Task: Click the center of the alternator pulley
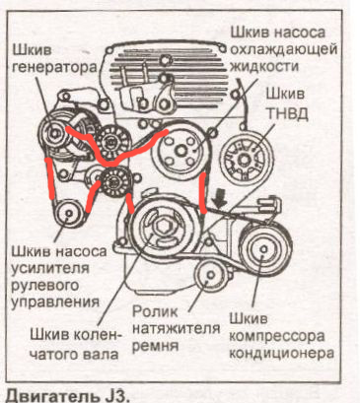[54, 133]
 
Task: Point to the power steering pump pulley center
[69, 214]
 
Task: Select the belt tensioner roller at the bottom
[210, 275]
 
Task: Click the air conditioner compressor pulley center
[263, 249]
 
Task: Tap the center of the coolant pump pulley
[181, 151]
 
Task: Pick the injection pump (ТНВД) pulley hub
[245, 160]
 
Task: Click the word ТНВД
[286, 113]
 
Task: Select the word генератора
[55, 67]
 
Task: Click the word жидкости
[265, 66]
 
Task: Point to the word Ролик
[155, 311]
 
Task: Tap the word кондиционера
[281, 353]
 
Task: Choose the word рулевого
[45, 285]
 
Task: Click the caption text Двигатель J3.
[68, 395]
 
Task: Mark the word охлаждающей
[284, 49]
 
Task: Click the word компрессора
[277, 336]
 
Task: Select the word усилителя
[50, 267]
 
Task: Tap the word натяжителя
[177, 328]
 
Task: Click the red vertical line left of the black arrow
[203, 193]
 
